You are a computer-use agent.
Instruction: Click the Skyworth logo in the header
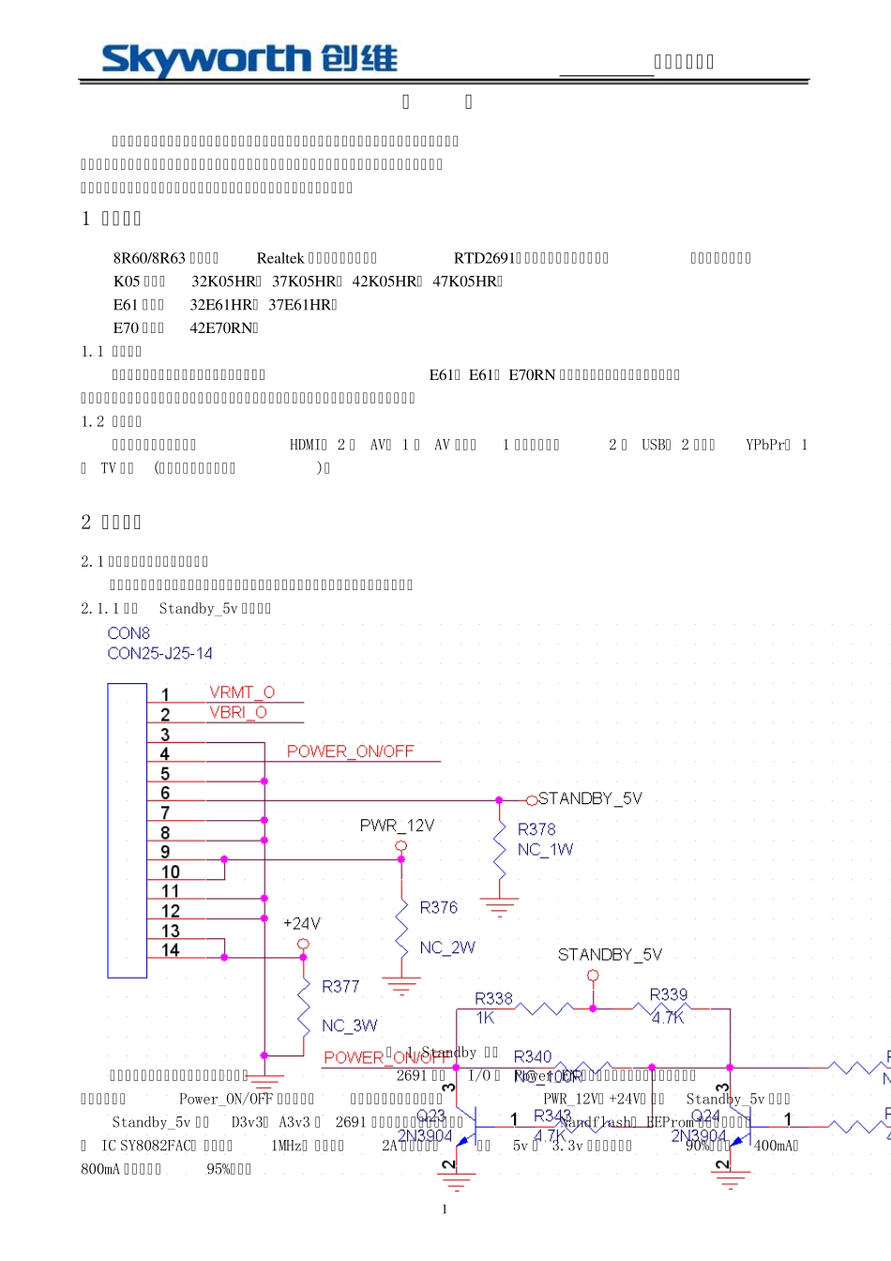pyautogui.click(x=249, y=60)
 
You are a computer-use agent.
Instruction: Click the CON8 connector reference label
pyautogui.click(x=128, y=633)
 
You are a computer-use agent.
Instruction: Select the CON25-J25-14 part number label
pyautogui.click(x=159, y=653)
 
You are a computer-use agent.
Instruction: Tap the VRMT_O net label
pyautogui.click(x=242, y=692)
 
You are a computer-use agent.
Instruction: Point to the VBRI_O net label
pyautogui.click(x=238, y=712)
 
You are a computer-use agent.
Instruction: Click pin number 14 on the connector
pyautogui.click(x=170, y=950)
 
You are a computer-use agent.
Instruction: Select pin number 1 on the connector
pyautogui.click(x=165, y=695)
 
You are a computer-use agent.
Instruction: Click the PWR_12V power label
pyautogui.click(x=397, y=826)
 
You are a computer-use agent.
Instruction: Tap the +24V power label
pyautogui.click(x=302, y=923)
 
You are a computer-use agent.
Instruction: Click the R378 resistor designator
pyautogui.click(x=536, y=829)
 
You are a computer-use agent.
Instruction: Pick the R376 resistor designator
pyautogui.click(x=439, y=907)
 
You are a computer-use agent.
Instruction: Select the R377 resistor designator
pyautogui.click(x=340, y=986)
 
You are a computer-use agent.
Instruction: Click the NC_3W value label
pyautogui.click(x=349, y=1026)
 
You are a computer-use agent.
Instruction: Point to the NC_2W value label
pyautogui.click(x=447, y=948)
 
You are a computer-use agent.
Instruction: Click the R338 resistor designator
pyautogui.click(x=493, y=998)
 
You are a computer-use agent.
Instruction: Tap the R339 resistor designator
pyautogui.click(x=669, y=995)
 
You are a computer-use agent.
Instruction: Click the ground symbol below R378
pyautogui.click(x=499, y=906)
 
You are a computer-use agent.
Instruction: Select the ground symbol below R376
pyautogui.click(x=401, y=985)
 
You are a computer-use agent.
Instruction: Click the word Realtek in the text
pyautogui.click(x=280, y=258)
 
